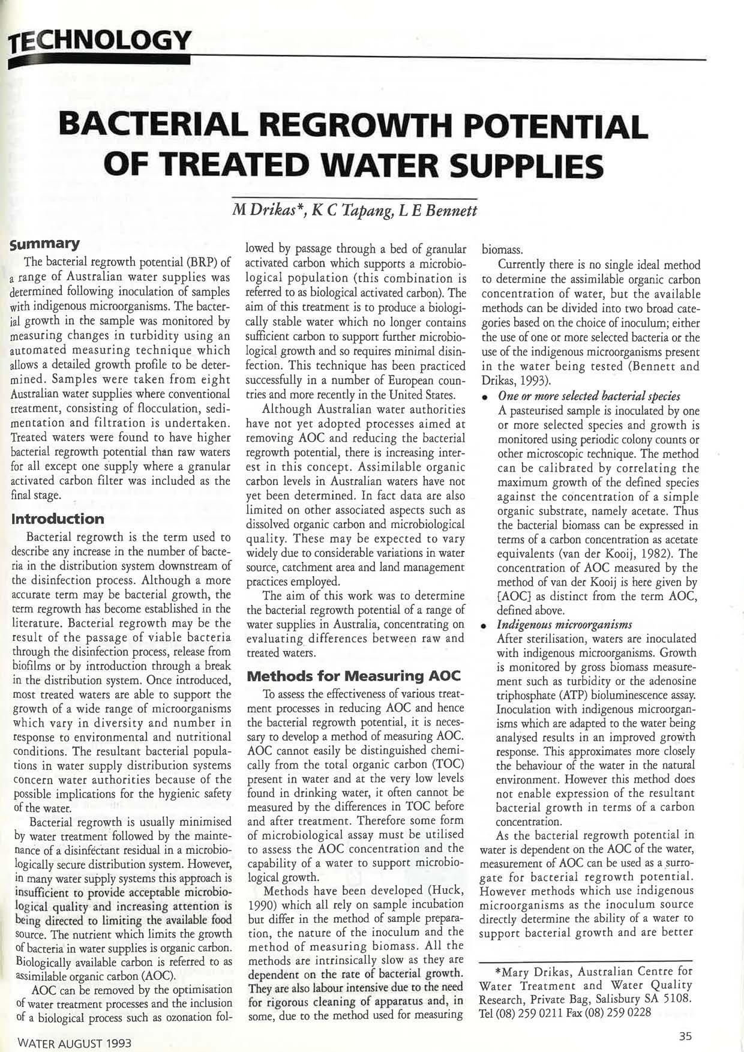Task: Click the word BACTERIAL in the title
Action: click(x=154, y=126)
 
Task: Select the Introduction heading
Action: click(x=58, y=518)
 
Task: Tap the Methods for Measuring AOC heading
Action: click(x=353, y=676)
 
